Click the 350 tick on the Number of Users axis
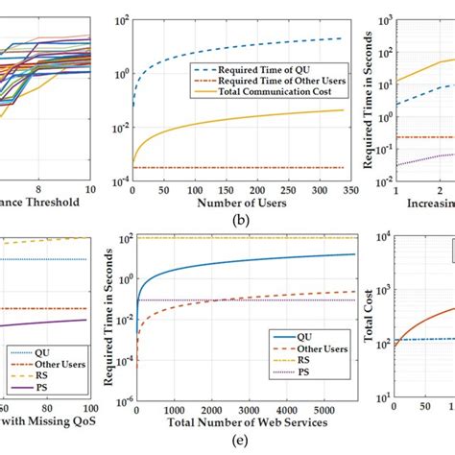coord(345,190)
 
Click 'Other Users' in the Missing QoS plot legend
coord(60,364)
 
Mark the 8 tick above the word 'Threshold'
coord(38,190)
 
